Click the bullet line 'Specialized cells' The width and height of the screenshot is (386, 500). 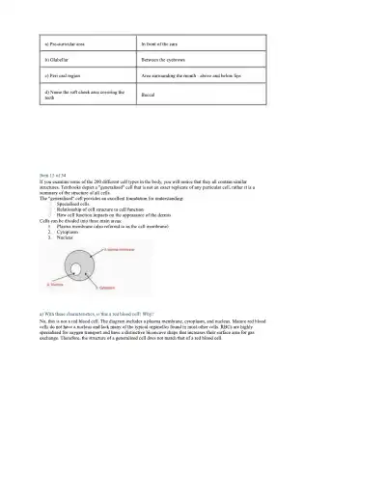pos(77,205)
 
